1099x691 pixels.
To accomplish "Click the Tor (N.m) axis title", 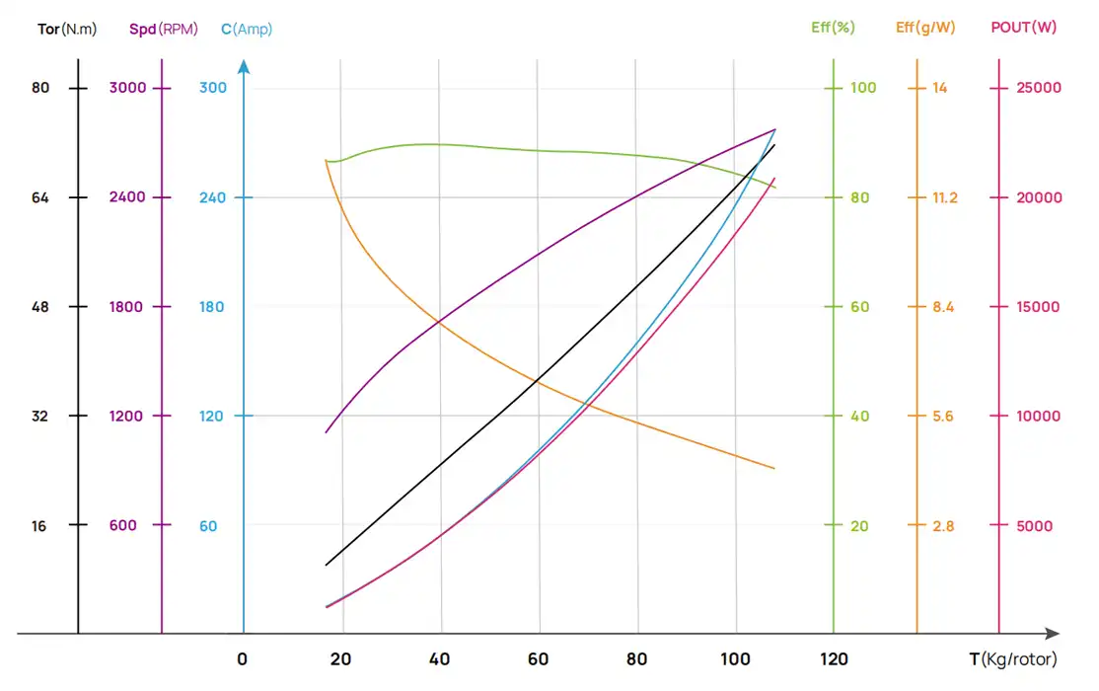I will point(67,29).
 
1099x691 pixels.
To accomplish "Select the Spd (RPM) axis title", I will point(164,29).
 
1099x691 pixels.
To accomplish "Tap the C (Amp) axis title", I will point(247,29).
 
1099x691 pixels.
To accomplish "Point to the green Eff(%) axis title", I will point(833,28).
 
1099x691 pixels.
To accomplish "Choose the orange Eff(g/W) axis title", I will point(925,28).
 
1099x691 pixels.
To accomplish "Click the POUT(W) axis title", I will point(1023,28).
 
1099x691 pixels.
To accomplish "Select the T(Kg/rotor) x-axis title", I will point(1012,659).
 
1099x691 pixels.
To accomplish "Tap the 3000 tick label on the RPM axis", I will point(127,88).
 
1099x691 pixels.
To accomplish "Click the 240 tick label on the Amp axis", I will point(212,197).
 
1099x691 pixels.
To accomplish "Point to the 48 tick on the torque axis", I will point(39,307).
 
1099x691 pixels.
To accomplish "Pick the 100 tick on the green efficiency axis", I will point(863,88).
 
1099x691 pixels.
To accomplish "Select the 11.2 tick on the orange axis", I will point(944,197).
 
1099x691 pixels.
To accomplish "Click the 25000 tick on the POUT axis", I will point(1039,88).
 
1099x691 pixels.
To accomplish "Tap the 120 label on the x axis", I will point(834,659).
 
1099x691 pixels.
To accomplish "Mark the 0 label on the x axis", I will point(243,659).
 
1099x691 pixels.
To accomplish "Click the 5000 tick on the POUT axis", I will point(1035,526).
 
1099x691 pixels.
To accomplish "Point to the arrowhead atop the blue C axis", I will point(244,67).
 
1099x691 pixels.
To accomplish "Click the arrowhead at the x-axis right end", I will point(1053,634).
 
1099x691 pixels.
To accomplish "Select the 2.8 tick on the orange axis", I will point(943,526).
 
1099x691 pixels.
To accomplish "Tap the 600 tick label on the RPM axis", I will point(123,526).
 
